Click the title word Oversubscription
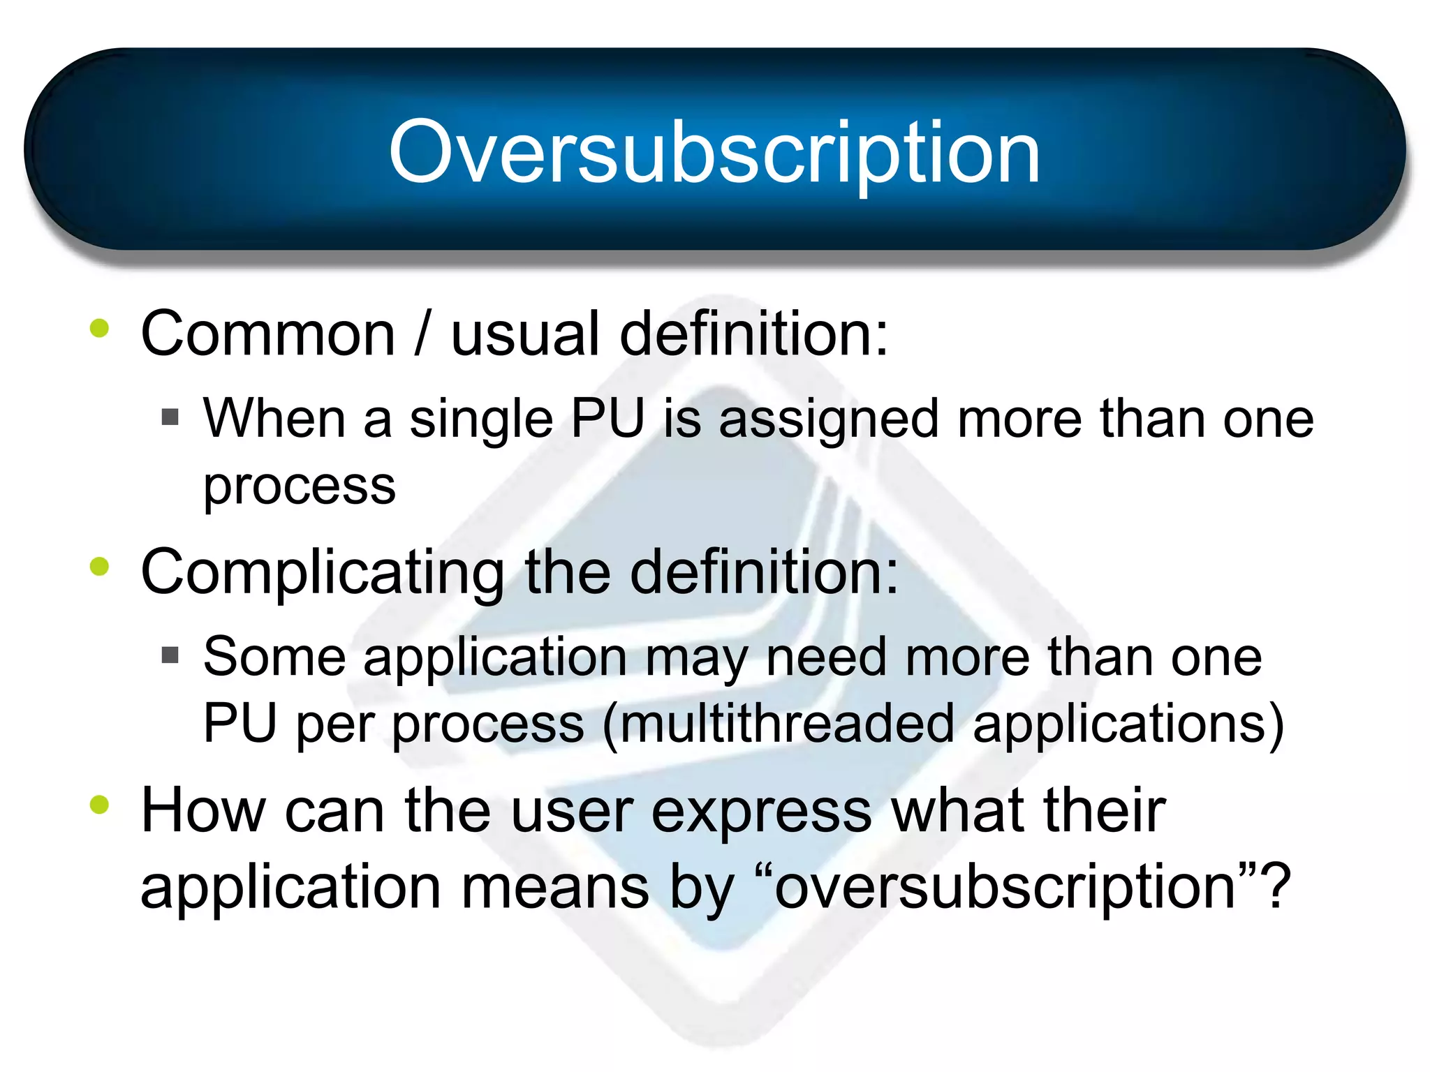pos(714,152)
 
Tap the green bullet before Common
pos(99,328)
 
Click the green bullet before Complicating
pos(99,566)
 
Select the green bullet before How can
pos(99,805)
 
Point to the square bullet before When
pos(170,417)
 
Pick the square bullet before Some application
pos(170,655)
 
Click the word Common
pos(268,334)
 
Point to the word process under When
pos(299,486)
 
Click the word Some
pos(274,657)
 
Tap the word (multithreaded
pos(777,724)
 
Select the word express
pos(761,812)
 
